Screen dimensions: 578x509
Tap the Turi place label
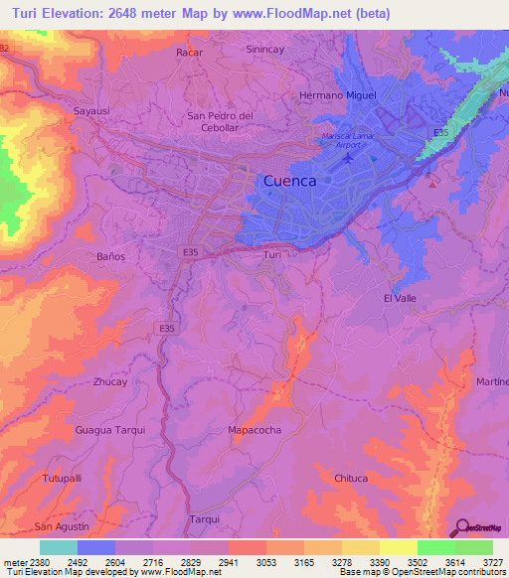point(273,255)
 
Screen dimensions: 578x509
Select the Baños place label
point(110,256)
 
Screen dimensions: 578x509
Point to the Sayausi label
point(91,111)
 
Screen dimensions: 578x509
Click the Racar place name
point(189,52)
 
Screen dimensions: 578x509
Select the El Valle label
point(399,298)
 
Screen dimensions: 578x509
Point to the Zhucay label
point(109,381)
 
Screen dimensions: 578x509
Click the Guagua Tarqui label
point(110,430)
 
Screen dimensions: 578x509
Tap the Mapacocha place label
point(256,430)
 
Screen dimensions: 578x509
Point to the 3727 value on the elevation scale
point(492,562)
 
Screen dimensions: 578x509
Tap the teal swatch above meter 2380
point(59,547)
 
